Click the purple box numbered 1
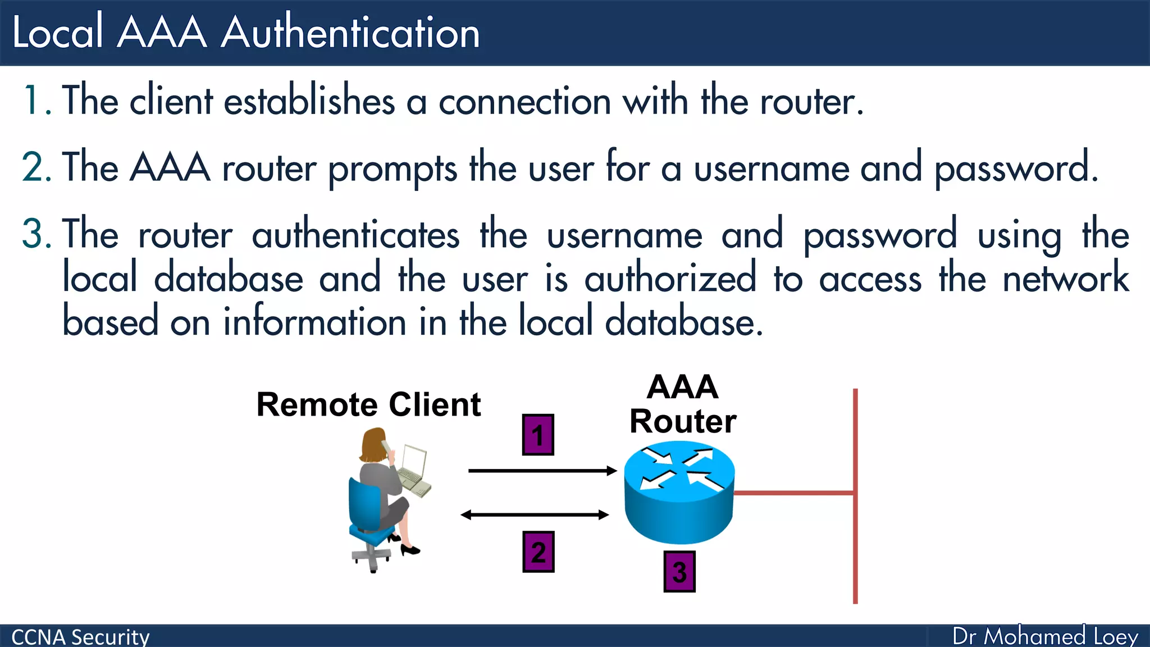tap(538, 435)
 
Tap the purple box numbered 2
tap(539, 552)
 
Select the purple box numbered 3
tap(679, 572)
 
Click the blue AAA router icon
tap(679, 494)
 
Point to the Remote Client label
tap(368, 404)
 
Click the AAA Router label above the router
tap(683, 404)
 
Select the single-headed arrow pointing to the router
tap(542, 471)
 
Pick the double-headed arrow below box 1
tap(535, 514)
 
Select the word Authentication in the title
tap(350, 33)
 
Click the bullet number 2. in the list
tap(36, 167)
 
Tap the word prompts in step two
tap(392, 168)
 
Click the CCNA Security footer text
tap(80, 637)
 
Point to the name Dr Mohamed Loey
tap(1045, 636)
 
